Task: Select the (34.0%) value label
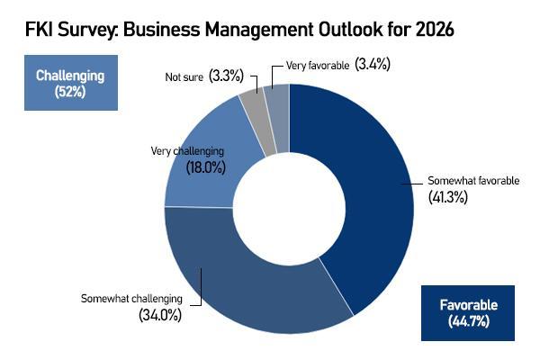[x=160, y=315]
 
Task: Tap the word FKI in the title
[x=30, y=30]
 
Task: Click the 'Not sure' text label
[x=184, y=77]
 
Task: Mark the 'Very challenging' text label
[x=187, y=150]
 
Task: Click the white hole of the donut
[x=290, y=209]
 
